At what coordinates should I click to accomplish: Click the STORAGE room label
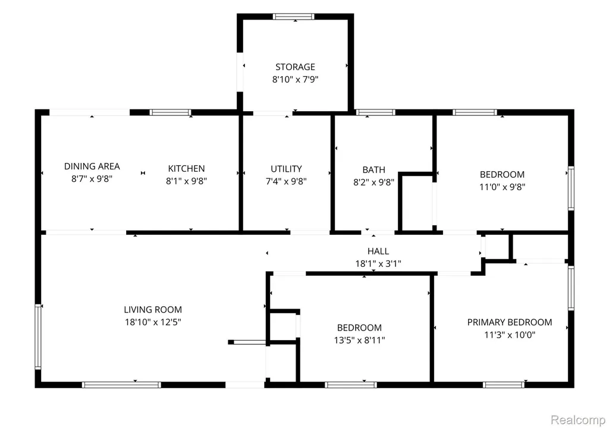coord(295,67)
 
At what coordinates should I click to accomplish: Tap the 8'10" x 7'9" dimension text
coord(295,79)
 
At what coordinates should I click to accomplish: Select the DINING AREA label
coord(92,166)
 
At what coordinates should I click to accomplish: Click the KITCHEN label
coord(186,169)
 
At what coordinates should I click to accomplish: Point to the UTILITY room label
coord(286,169)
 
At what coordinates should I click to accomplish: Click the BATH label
coord(373,170)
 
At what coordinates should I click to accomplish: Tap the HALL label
coord(378,251)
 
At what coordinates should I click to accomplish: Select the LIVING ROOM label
coord(153,310)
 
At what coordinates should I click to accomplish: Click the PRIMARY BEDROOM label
coord(510,322)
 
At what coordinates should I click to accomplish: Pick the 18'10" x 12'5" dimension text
coord(153,322)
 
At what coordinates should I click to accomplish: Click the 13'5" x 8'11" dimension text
coord(359,340)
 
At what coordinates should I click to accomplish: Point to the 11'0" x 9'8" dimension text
coord(502,187)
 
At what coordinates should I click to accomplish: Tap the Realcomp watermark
coord(578,420)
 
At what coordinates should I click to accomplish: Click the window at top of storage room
coord(293,16)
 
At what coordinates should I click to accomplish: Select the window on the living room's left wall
coord(38,336)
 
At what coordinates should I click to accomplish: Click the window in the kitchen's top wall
coord(171,112)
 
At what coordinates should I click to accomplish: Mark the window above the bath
coord(376,112)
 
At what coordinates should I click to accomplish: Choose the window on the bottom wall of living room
coord(121,385)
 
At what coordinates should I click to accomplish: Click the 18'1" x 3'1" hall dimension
coord(378,264)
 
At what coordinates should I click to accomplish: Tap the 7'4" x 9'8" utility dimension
coord(286,181)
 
